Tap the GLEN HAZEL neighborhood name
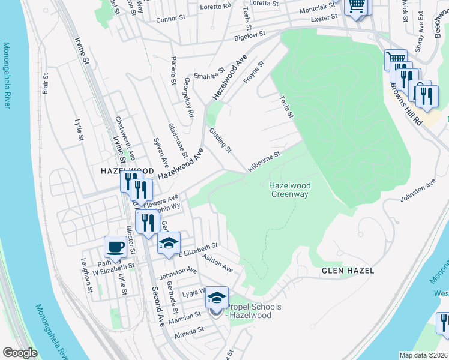[x=348, y=271]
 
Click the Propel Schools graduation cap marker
[x=217, y=297]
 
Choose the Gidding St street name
[x=220, y=140]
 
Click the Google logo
[x=20, y=353]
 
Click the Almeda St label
[x=190, y=331]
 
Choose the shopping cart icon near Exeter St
[x=357, y=6]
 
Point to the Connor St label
[x=167, y=19]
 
